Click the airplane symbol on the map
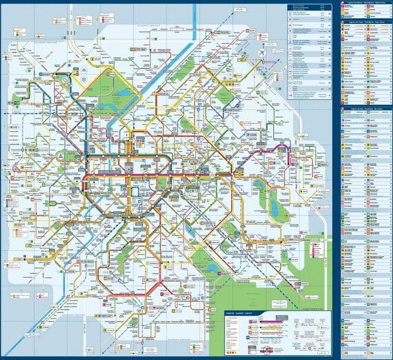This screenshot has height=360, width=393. (262, 53)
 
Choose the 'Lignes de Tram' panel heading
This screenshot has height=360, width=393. (365, 23)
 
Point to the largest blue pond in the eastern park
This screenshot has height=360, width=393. (274, 210)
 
